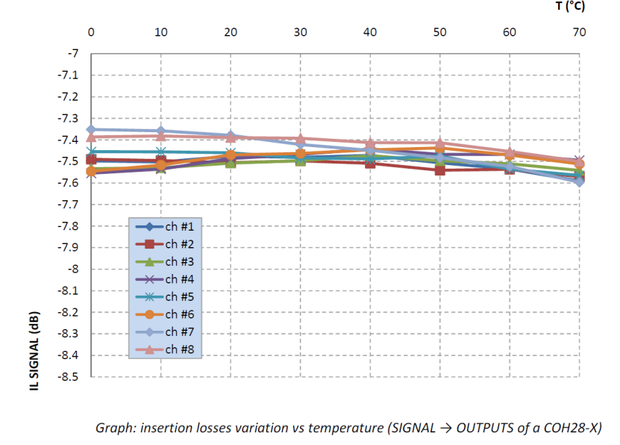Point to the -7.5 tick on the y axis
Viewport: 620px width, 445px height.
point(68,161)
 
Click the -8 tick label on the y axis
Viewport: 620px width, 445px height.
point(73,269)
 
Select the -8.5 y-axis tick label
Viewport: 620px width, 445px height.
point(68,377)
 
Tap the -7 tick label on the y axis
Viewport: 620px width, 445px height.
point(73,54)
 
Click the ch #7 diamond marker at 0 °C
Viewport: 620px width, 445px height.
point(91,129)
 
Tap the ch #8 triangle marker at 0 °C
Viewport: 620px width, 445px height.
point(91,137)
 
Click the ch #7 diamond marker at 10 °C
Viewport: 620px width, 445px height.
point(160,131)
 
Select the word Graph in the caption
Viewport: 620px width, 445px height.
point(111,429)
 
